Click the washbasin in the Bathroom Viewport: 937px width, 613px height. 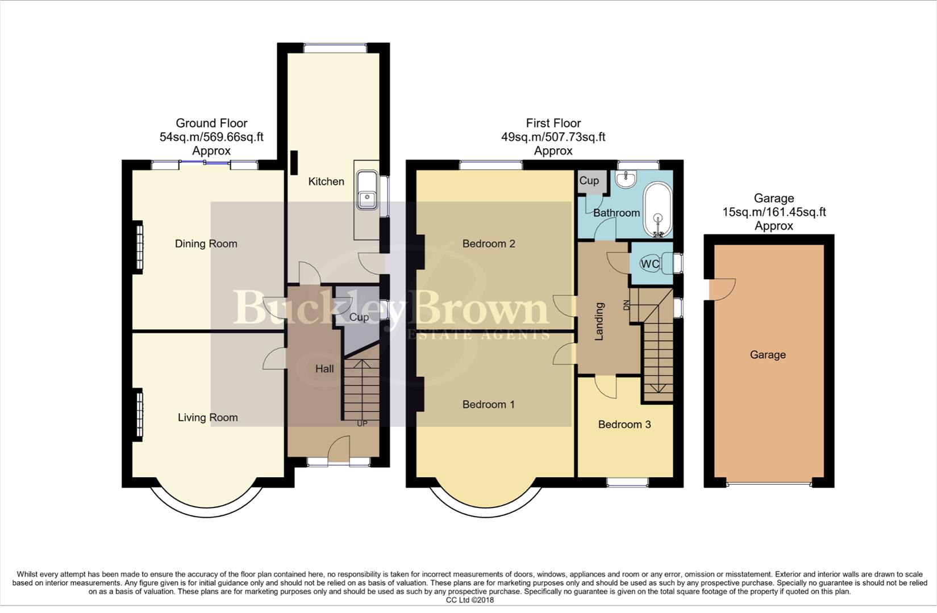tap(627, 180)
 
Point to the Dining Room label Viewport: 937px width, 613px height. tap(206, 243)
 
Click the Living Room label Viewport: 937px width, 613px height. tap(207, 417)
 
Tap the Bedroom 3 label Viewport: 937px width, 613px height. tap(624, 424)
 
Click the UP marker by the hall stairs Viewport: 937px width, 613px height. tap(361, 423)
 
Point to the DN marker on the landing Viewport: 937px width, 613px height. tap(626, 305)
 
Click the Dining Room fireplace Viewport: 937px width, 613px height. tap(138, 247)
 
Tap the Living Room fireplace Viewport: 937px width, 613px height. tap(138, 414)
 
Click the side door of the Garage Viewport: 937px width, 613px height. tap(724, 289)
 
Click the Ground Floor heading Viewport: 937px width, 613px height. tap(211, 123)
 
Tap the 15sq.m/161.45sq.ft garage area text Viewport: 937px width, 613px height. tap(773, 212)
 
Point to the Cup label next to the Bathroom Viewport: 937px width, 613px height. tap(589, 181)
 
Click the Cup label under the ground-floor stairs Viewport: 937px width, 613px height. tap(359, 317)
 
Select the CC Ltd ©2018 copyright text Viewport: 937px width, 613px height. tap(469, 600)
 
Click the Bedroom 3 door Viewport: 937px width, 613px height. tap(606, 387)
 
